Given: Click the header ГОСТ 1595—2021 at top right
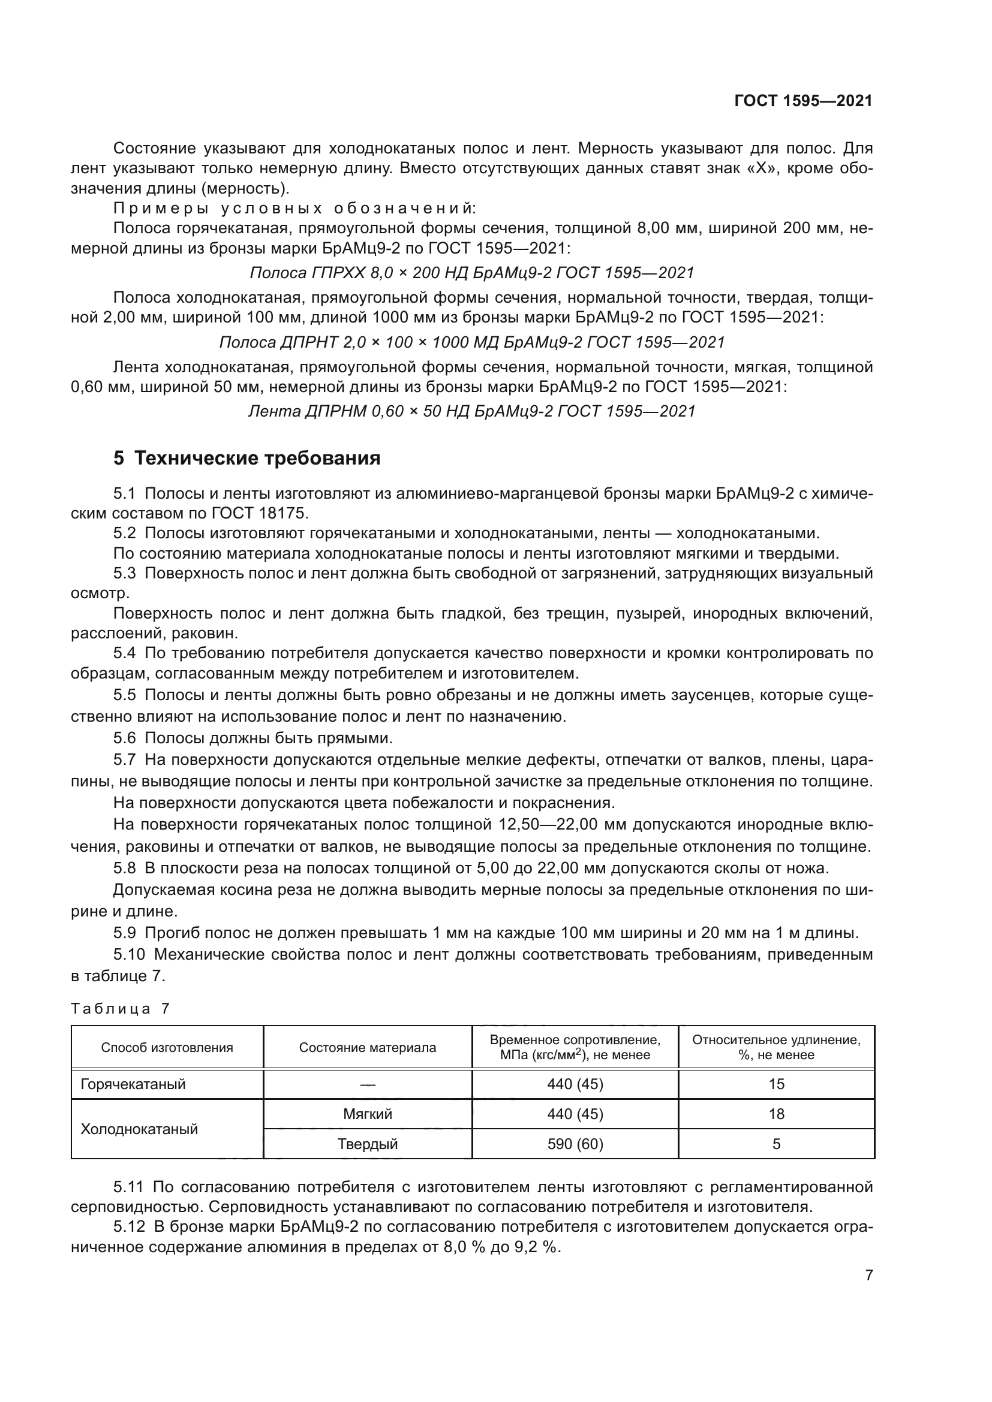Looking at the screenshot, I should point(802,101).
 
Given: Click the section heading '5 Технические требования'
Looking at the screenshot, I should point(247,458).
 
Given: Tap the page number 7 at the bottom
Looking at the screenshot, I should point(868,1275).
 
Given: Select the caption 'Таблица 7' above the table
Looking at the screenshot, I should point(121,1008).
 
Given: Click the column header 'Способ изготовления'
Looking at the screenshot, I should point(167,1048).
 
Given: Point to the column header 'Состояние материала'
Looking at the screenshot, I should point(367,1048).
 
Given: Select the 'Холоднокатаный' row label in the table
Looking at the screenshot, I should point(139,1129).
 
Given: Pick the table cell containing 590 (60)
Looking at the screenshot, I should point(575,1144).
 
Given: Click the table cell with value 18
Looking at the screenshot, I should point(775,1114).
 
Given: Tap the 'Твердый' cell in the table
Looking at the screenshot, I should point(367,1144).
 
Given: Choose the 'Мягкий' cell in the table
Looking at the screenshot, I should point(367,1114).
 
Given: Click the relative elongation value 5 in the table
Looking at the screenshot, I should point(775,1144).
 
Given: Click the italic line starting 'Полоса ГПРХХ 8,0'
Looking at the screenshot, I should point(471,272).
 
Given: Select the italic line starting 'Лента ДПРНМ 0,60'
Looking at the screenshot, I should point(471,411).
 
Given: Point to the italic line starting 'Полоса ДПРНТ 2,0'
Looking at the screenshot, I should point(471,342).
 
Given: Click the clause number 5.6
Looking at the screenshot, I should point(125,738).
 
